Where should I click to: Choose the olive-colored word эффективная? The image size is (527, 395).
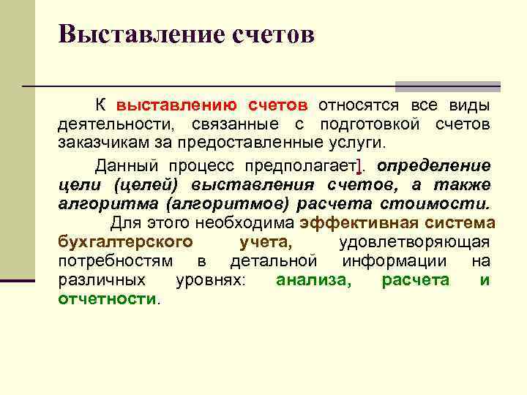[348, 222]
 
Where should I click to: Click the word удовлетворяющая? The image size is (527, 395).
[415, 241]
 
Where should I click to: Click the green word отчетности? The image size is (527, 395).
[107, 298]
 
